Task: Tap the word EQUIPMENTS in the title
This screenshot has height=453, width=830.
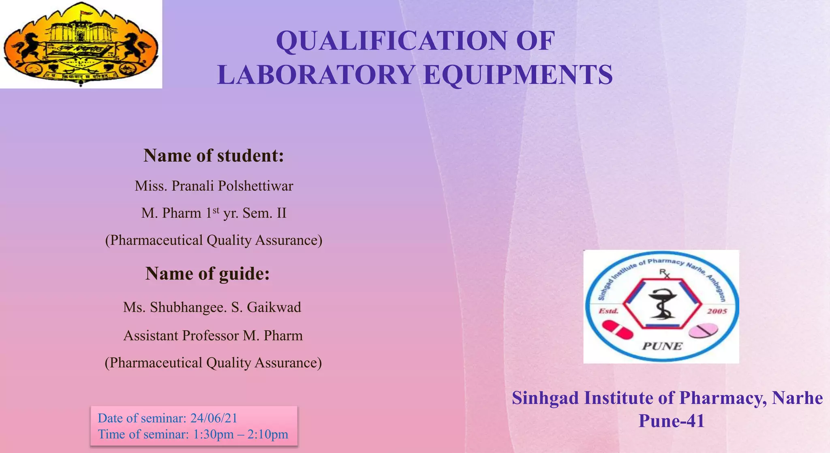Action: (x=518, y=75)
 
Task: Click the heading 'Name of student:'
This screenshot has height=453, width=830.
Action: (x=214, y=156)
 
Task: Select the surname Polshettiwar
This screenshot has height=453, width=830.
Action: (x=255, y=186)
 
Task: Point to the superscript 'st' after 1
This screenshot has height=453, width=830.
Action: (x=216, y=210)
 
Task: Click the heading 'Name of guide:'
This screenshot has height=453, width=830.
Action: (x=207, y=274)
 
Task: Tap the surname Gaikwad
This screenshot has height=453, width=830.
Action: (x=274, y=307)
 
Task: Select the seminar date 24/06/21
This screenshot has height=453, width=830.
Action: (x=214, y=418)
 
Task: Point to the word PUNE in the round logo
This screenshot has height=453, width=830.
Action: (x=662, y=346)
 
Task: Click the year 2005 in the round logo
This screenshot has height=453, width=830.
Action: (x=717, y=311)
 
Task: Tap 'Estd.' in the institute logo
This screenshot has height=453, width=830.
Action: (x=609, y=311)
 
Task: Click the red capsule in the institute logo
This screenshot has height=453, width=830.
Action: (x=617, y=329)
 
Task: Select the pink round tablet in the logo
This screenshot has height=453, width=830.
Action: (x=703, y=331)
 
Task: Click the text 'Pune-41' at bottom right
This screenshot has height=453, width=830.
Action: (x=672, y=421)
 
